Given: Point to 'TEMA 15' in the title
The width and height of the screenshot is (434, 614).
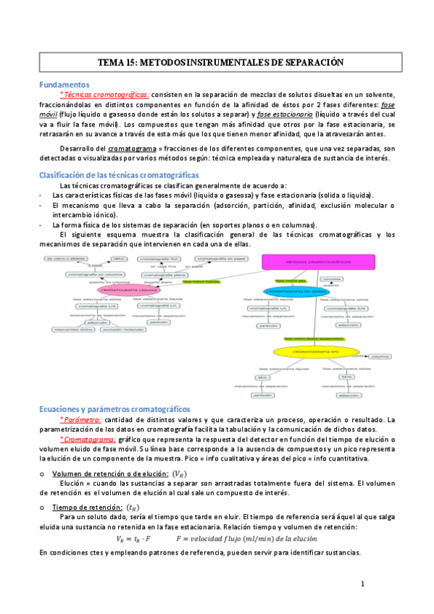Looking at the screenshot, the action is pyautogui.click(x=115, y=63).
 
